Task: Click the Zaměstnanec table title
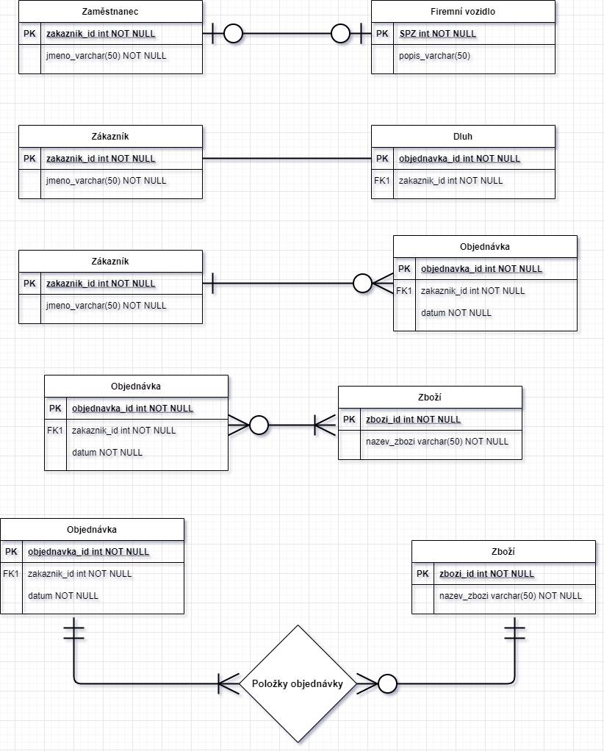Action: click(110, 12)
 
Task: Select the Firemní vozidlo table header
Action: click(463, 12)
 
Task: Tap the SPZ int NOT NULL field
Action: click(437, 34)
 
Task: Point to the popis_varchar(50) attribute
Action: click(434, 56)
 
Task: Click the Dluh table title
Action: click(463, 137)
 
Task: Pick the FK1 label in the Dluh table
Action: click(382, 181)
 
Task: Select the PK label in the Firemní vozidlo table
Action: click(382, 34)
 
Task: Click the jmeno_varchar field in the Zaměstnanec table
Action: click(106, 56)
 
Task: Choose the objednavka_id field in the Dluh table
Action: click(459, 159)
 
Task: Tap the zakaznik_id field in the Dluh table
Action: click(450, 181)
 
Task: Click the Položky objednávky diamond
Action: click(298, 683)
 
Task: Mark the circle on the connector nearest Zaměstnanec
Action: click(233, 33)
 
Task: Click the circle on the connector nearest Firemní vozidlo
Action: click(340, 33)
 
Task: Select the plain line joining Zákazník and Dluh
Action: click(287, 159)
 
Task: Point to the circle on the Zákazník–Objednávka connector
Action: click(363, 283)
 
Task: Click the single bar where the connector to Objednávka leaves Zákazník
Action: click(212, 283)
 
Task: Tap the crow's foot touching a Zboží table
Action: click(325, 424)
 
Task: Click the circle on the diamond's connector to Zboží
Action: click(387, 683)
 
